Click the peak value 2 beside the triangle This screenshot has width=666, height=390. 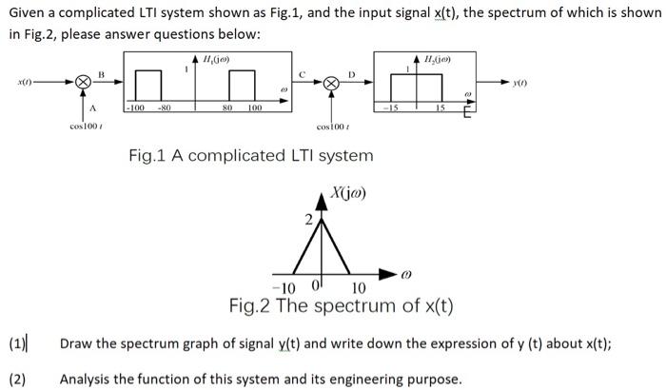(x=307, y=221)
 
